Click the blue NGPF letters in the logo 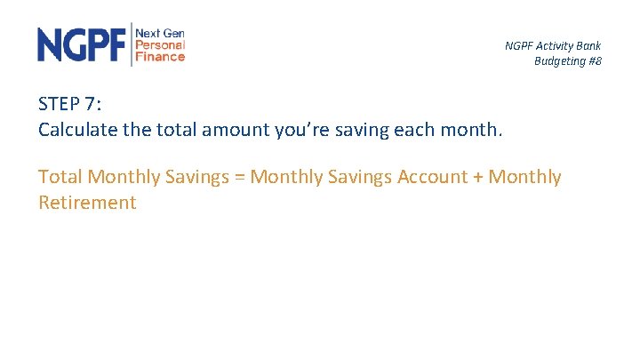(83, 44)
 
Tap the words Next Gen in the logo (160, 32)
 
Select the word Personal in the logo (160, 44)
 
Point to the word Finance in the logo (160, 56)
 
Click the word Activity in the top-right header (554, 46)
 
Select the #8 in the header (594, 61)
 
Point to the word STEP (60, 103)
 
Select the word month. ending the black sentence (475, 130)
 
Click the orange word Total (60, 177)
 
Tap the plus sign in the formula (477, 178)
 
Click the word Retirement (87, 203)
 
